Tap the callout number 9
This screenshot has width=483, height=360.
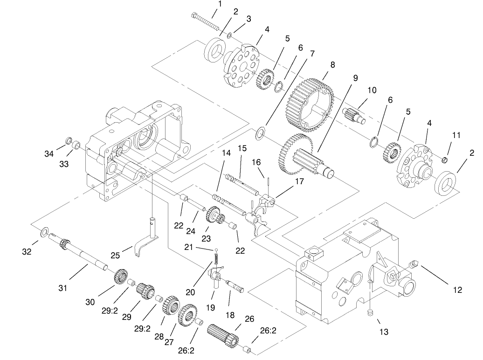point(355,78)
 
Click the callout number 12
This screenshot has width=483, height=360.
point(457,290)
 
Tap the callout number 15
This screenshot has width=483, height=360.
point(242,148)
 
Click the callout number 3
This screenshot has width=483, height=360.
point(249,19)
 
